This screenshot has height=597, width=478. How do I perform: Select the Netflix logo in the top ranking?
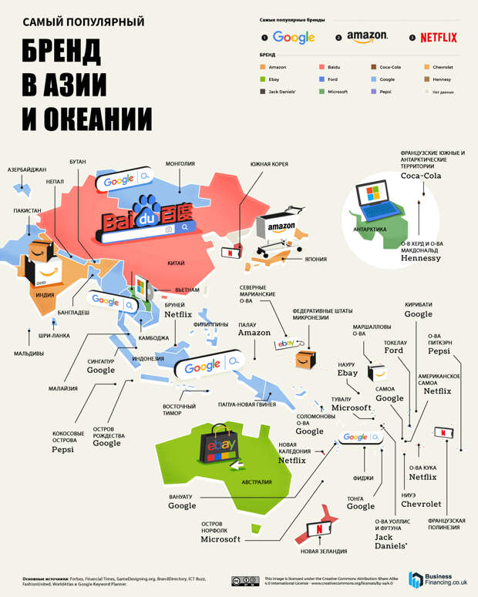pos(438,37)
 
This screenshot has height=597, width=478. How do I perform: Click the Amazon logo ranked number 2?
pos(367,37)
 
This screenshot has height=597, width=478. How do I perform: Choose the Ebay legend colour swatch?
pos(262,79)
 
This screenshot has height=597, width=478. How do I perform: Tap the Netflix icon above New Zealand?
pos(317,531)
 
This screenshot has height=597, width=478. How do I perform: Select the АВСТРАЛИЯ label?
pos(257,483)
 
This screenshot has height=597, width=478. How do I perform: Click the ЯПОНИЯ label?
pos(315,259)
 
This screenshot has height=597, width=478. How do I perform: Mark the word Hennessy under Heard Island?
pos(420,259)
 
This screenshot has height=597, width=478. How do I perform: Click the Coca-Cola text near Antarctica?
pos(420,176)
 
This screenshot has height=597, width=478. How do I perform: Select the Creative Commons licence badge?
pos(245,580)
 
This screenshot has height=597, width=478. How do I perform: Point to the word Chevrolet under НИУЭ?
pos(421,505)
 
